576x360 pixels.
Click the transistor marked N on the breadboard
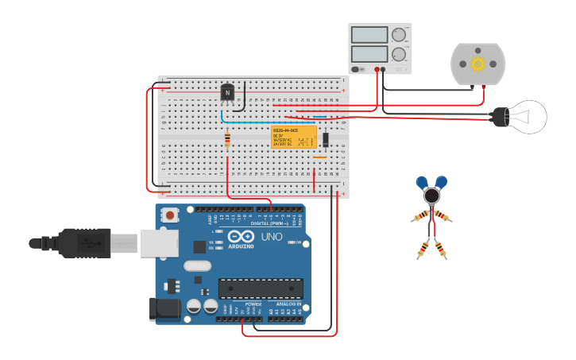coord(228,93)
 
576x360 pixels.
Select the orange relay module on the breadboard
coord(294,136)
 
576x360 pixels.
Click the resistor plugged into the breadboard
coord(228,140)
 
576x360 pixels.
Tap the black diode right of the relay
coord(326,140)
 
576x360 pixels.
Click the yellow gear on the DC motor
coord(477,64)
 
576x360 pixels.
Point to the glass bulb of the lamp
coord(529,117)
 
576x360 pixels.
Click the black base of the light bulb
coord(501,117)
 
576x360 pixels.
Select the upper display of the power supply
coord(369,35)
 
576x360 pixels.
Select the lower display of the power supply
coord(369,55)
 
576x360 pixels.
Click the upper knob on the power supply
coord(398,35)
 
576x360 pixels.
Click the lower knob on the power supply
coord(398,55)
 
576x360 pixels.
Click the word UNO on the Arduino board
coord(272,237)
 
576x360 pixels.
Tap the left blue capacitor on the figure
coord(421,182)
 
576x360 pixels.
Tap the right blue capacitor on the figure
coord(441,181)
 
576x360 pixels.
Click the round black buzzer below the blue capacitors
coord(431,195)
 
